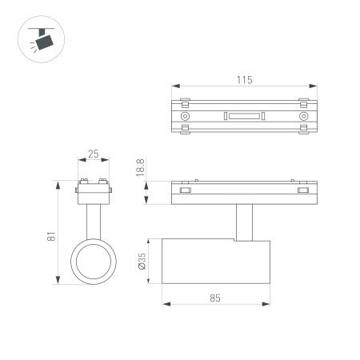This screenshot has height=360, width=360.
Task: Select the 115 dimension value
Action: [244, 79]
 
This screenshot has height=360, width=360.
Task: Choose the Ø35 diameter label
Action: [142, 265]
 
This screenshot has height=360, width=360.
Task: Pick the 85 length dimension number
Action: [214, 297]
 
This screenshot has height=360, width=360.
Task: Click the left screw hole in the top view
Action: [186, 116]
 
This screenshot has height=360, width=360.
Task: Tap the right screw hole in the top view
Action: [303, 116]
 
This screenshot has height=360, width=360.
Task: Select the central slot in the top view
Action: [244, 116]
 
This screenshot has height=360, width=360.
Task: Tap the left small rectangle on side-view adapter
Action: [186, 190]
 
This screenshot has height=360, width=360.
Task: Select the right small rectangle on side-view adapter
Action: [303, 190]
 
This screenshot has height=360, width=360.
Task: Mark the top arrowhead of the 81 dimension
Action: [58, 185]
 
